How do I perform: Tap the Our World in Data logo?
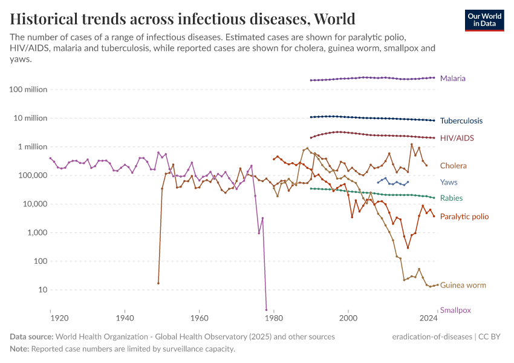[484, 19]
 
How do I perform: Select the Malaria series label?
[453, 79]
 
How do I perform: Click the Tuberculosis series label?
[461, 121]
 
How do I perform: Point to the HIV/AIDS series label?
[457, 139]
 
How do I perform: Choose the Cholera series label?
[454, 166]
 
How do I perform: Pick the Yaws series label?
[449, 182]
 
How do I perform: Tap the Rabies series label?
[452, 198]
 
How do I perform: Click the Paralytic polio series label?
[464, 217]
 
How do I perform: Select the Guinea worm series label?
[463, 286]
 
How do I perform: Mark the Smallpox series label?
[455, 310]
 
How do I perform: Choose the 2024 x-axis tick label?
[428, 318]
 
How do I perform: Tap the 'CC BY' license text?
[491, 336]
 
